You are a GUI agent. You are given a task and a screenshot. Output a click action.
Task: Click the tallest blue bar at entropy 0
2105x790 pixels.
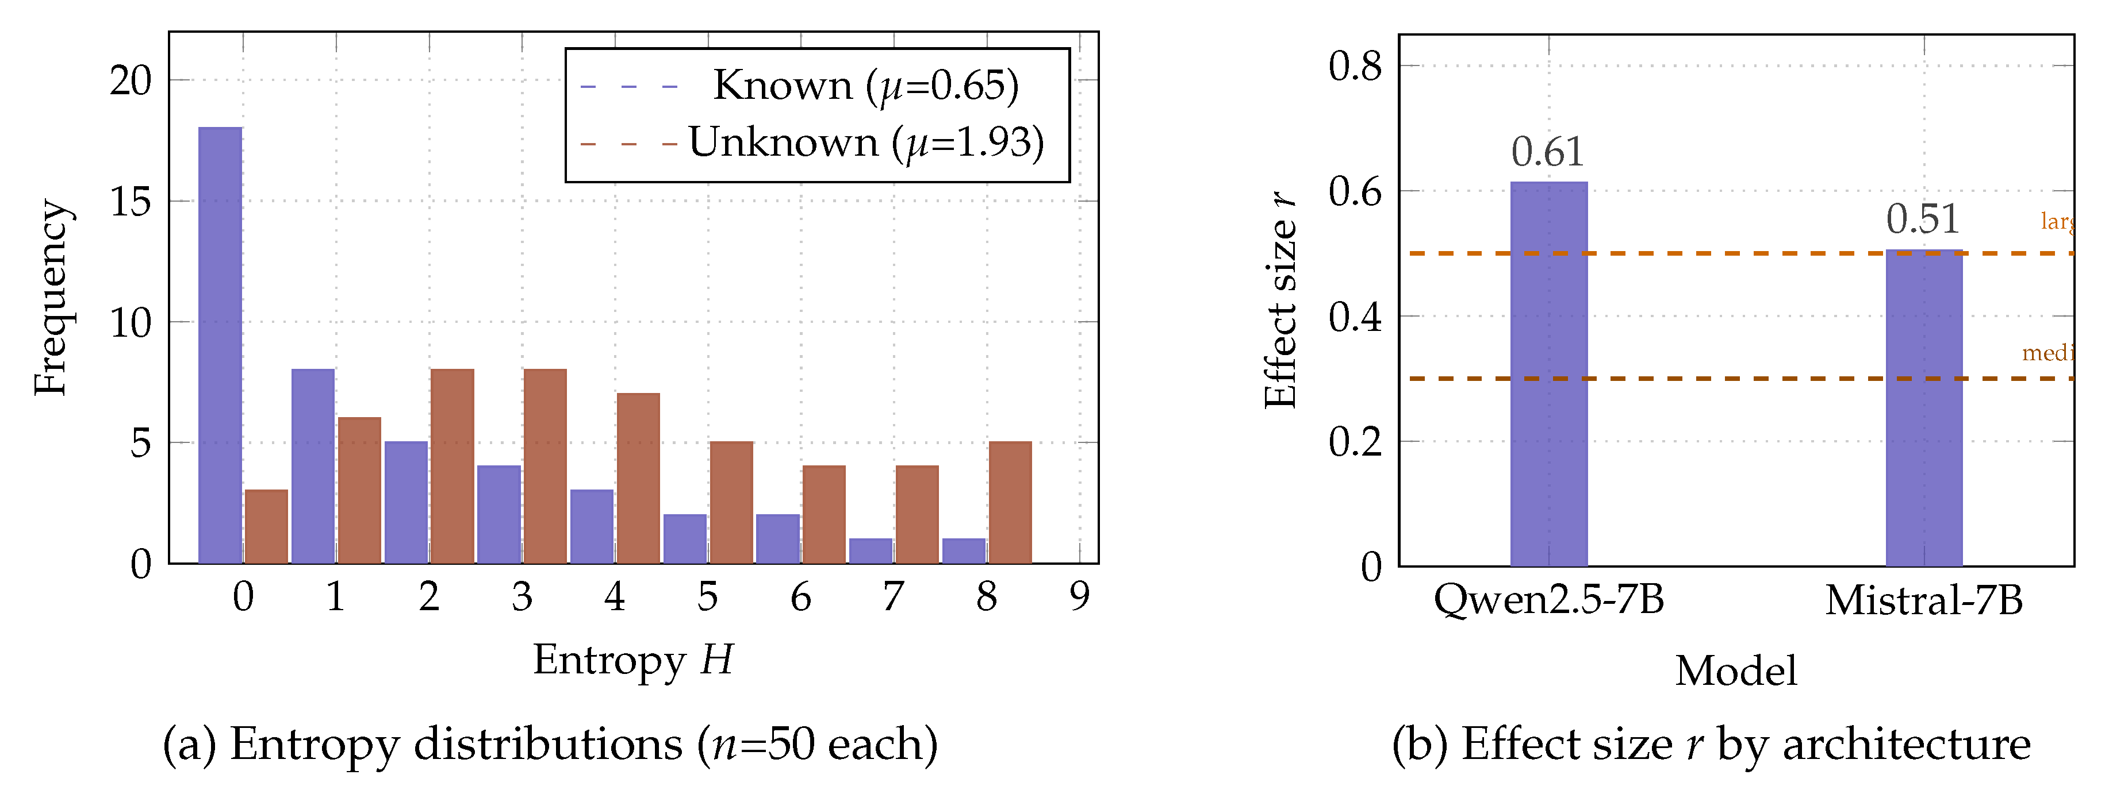click(x=220, y=345)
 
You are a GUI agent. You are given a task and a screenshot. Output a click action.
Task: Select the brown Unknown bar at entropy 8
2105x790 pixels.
click(x=1010, y=502)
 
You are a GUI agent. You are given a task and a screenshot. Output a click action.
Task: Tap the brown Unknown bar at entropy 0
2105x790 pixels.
click(x=266, y=526)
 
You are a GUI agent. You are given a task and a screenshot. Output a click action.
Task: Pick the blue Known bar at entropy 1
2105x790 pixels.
click(x=313, y=465)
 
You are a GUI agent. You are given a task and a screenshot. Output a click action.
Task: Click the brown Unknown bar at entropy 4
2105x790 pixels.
click(x=638, y=478)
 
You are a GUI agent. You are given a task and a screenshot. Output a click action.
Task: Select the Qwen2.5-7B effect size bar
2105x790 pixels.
click(x=1548, y=373)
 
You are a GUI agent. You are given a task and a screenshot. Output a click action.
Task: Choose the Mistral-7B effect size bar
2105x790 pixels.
click(x=1923, y=408)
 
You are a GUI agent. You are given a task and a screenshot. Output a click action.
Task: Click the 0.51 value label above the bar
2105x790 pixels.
click(x=1923, y=219)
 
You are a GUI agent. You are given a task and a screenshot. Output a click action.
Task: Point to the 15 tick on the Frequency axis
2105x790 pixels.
click(x=131, y=202)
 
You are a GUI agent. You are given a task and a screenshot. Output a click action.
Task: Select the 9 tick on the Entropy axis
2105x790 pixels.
click(x=1079, y=597)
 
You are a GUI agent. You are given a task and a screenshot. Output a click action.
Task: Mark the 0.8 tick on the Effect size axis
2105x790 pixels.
click(x=1355, y=66)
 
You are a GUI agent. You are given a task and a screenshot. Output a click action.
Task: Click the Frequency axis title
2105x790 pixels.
click(x=51, y=298)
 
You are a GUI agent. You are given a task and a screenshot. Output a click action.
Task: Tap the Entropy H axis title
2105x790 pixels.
click(x=633, y=660)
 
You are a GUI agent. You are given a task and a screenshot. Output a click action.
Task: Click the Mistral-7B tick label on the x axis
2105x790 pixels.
click(x=1923, y=600)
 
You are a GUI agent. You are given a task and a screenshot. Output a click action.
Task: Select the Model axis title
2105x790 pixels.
click(x=1736, y=672)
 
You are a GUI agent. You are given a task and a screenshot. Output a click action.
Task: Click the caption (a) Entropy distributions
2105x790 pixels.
click(x=550, y=744)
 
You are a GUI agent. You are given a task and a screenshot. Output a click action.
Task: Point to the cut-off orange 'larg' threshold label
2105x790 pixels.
click(x=2056, y=221)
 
